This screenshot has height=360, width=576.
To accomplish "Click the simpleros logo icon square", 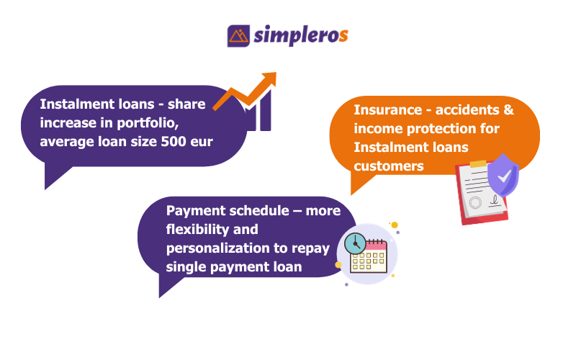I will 238,36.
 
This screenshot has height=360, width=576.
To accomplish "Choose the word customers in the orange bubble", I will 389,166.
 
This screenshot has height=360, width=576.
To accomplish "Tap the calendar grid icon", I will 371,258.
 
